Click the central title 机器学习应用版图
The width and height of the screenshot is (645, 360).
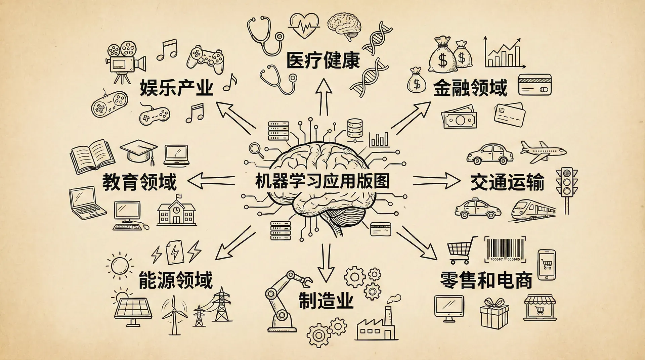(x=322, y=181)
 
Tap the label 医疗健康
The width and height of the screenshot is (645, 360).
(x=323, y=60)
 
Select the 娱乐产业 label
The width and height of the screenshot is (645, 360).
(x=177, y=88)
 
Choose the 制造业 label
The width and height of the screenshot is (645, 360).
(x=326, y=300)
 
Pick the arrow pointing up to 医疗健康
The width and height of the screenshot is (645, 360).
(x=324, y=97)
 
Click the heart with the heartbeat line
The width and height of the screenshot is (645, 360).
(x=304, y=25)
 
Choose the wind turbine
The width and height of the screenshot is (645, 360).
(x=174, y=314)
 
